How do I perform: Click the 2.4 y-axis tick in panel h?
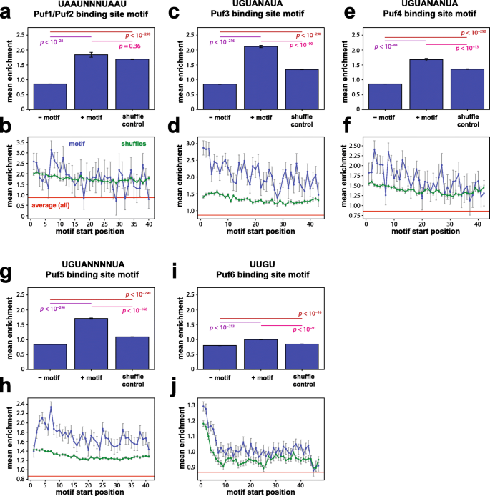19,403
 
